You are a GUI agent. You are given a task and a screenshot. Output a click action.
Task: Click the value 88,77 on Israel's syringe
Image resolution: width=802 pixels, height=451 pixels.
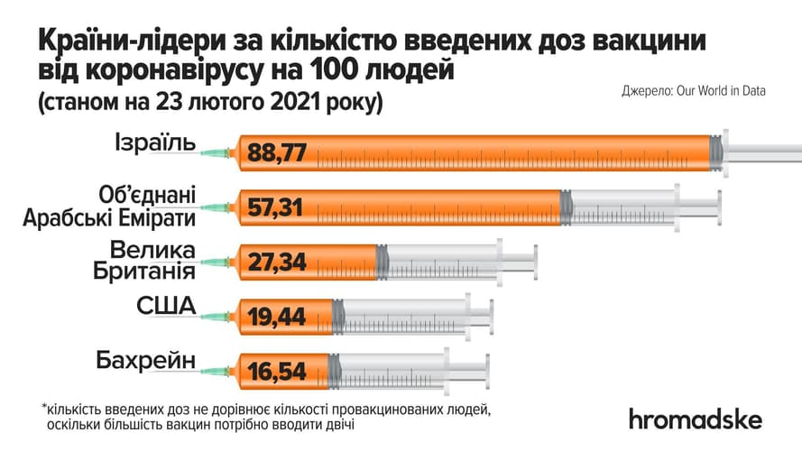[x=279, y=153]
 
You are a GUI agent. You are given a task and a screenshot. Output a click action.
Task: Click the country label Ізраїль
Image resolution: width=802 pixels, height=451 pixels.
[x=154, y=143]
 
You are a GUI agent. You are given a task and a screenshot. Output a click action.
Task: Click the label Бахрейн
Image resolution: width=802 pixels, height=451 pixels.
[x=145, y=362]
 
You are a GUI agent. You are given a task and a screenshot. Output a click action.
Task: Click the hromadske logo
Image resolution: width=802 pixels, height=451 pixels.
[x=695, y=419]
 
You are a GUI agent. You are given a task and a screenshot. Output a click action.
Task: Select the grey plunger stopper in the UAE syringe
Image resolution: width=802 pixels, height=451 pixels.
[x=566, y=208]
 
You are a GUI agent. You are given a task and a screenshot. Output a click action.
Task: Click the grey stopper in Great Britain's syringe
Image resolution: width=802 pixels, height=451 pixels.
[x=382, y=262]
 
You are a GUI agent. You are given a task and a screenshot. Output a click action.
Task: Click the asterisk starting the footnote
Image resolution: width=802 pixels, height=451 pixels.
[x=43, y=407]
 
